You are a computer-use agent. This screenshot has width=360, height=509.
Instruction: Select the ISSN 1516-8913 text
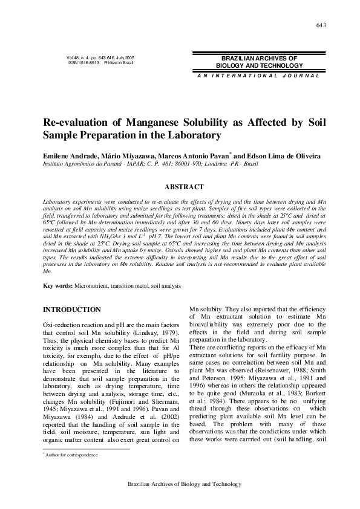tap(83, 63)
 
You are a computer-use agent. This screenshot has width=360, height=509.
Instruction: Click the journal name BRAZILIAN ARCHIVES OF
tap(260, 58)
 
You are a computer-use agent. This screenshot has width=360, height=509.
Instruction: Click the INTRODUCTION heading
tap(71, 310)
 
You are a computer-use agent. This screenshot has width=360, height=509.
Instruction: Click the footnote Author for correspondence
tap(70, 470)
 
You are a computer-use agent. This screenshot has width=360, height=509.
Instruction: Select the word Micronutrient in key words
tap(95, 285)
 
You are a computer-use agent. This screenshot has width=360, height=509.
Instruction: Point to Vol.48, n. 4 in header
tap(82, 58)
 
